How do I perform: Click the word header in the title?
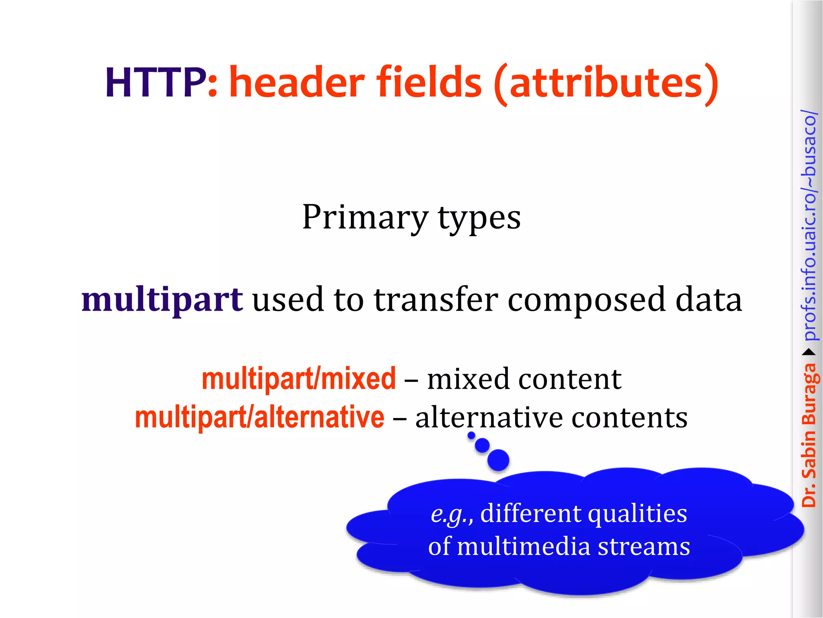click(x=297, y=83)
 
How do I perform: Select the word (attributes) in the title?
click(x=606, y=84)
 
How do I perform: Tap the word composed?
click(x=586, y=301)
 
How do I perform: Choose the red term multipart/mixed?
click(x=299, y=379)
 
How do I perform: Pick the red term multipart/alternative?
click(x=260, y=418)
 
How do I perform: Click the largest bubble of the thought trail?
click(x=498, y=459)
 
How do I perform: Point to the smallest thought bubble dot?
click(x=471, y=435)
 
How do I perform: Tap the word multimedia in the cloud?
click(x=524, y=547)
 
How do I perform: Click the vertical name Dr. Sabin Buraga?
click(x=809, y=435)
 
